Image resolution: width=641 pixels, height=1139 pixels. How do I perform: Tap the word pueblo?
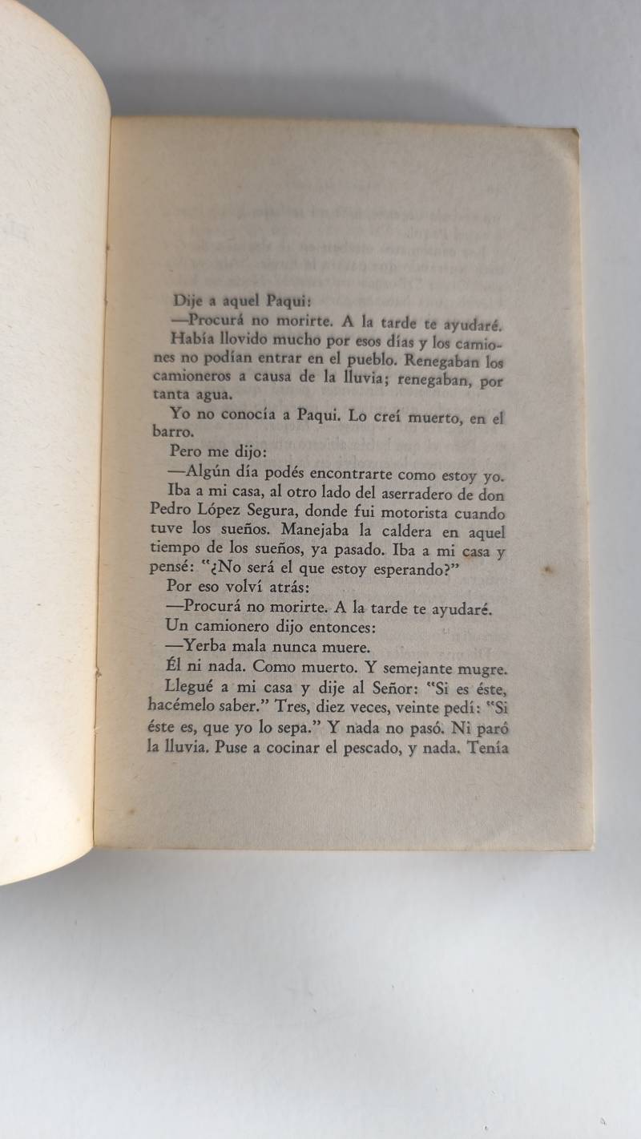343,359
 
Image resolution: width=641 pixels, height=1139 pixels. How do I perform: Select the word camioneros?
191,377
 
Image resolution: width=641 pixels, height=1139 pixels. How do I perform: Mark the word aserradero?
419,495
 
